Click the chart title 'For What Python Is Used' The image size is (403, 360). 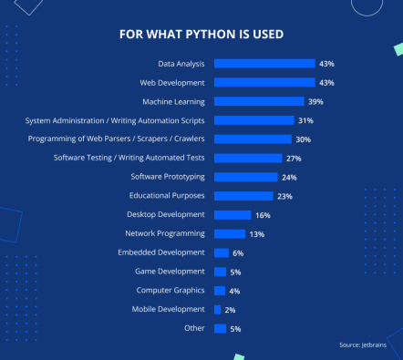(x=201, y=35)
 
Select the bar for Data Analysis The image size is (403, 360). (x=264, y=64)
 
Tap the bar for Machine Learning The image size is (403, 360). (x=259, y=101)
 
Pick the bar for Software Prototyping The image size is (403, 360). (x=245, y=177)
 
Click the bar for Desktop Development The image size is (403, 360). (x=232, y=215)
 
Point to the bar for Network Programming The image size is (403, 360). (x=229, y=233)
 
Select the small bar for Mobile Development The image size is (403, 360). (x=217, y=310)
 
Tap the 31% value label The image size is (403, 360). (x=305, y=120)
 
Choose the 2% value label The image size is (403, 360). (x=230, y=310)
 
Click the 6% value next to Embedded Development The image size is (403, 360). (x=238, y=252)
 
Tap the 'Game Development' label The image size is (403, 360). (x=170, y=272)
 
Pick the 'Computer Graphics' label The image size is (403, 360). (x=170, y=291)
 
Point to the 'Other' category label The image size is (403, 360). (x=194, y=328)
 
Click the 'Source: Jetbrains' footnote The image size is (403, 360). (x=363, y=345)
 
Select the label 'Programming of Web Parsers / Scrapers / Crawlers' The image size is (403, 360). (x=115, y=139)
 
